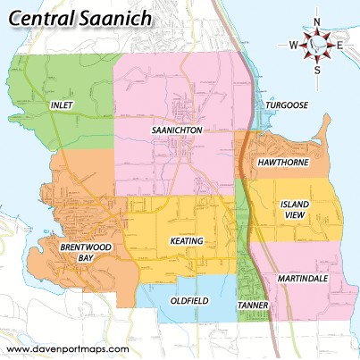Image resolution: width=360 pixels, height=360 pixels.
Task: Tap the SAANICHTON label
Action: pyautogui.click(x=178, y=130)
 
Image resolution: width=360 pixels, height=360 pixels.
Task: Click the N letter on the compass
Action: pyautogui.click(x=317, y=21)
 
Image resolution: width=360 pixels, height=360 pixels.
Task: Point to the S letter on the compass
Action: pyautogui.click(x=317, y=68)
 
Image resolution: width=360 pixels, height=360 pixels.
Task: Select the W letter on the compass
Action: pyautogui.click(x=293, y=44)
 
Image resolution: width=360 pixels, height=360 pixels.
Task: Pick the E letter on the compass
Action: pyautogui.click(x=339, y=44)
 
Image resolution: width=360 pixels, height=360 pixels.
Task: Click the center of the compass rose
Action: pyautogui.click(x=317, y=44)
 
